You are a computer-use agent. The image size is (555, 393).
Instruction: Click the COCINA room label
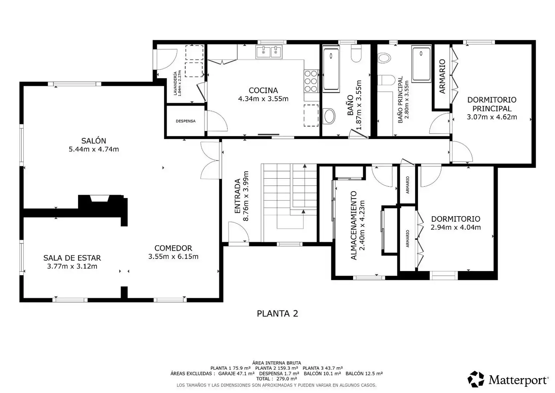coord(263,90)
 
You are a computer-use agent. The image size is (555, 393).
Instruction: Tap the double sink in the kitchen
coord(269,52)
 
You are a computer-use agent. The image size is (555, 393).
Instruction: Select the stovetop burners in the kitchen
coord(311,81)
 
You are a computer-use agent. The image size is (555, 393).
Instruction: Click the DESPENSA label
coord(186,121)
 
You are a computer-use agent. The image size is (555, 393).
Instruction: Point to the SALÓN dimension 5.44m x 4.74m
coord(94,149)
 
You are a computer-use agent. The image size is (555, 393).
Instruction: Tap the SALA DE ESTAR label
coord(72,258)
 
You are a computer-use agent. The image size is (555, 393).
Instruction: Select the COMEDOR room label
coord(173,248)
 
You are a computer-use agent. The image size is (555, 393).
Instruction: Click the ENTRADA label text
coord(237,196)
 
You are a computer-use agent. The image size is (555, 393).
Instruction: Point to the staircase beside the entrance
coord(289,203)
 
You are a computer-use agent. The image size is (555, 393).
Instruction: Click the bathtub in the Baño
coord(331,69)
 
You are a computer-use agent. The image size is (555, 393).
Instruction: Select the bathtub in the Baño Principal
coord(421,64)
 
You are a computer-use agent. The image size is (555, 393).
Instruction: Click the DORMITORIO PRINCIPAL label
coord(492,104)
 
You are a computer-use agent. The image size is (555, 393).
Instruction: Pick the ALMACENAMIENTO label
coord(353,225)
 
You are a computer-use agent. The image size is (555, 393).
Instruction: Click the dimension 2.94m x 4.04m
coord(455,227)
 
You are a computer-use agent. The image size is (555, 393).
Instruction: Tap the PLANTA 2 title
coord(277,314)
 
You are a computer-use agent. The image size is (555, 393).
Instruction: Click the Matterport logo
coord(508,380)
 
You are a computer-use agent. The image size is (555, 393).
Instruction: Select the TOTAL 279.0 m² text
coord(276,379)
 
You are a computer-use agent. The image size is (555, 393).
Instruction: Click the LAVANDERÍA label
coord(175,83)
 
